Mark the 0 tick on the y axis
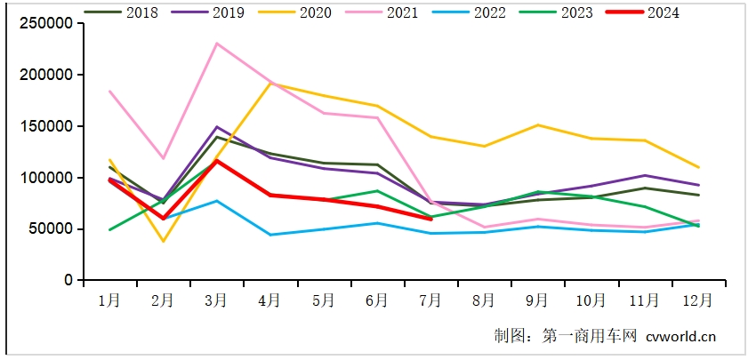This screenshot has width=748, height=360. coord(68,280)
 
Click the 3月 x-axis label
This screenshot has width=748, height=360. coord(216,300)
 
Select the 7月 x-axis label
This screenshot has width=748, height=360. coord(430,300)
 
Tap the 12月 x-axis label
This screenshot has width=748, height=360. coord(698,300)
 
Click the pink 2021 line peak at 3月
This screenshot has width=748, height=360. coord(216,44)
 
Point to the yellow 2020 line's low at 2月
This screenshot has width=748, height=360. coord(163,241)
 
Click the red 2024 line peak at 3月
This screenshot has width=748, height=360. coord(216,161)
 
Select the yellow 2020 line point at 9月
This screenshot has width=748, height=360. coord(537,125)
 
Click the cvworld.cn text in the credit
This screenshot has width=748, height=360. coord(681,336)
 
